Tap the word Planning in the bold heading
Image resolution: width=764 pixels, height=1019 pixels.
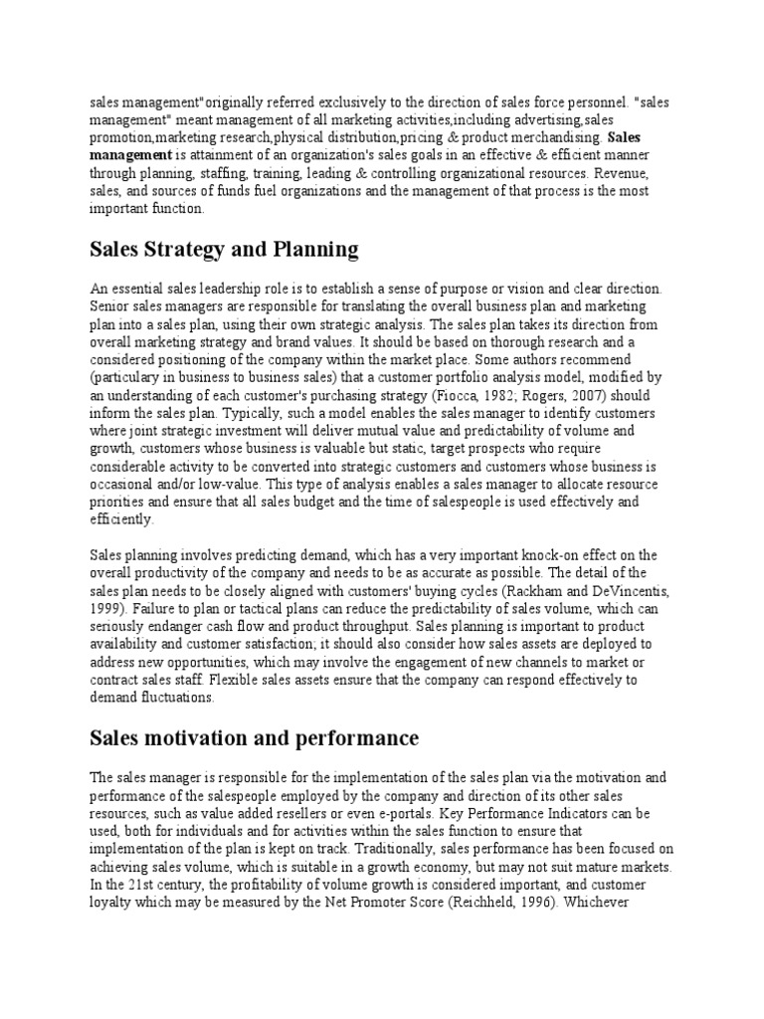(310, 248)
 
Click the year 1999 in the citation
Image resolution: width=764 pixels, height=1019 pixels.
(109, 608)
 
